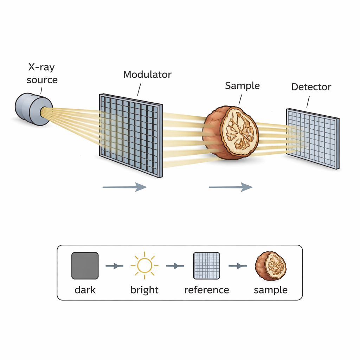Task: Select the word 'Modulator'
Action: (147, 75)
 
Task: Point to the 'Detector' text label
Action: (311, 87)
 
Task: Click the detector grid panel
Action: (313, 139)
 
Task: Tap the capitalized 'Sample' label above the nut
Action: (242, 86)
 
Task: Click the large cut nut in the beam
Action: (232, 133)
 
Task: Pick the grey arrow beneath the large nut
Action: (231, 187)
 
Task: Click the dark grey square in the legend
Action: (85, 265)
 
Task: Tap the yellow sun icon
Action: (144, 265)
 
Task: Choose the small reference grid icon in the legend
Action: (207, 265)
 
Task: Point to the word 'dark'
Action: (85, 290)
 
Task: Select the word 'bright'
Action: (144, 290)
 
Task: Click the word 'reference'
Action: (207, 290)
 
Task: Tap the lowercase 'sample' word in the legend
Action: (271, 290)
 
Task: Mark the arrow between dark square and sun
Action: (114, 266)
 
